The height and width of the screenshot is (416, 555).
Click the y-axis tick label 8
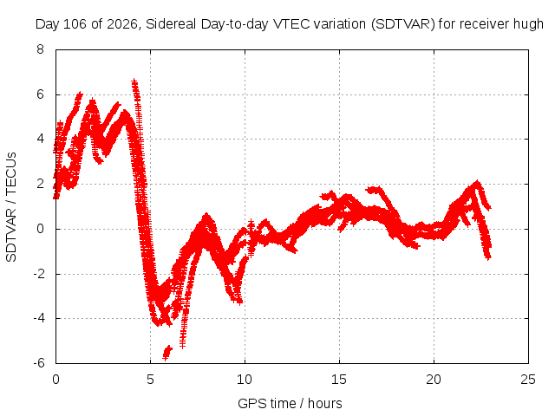[40, 49]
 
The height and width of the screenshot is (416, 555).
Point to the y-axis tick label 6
[40, 94]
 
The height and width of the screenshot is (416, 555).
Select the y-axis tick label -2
[38, 274]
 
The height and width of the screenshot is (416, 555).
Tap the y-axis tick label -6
[38, 363]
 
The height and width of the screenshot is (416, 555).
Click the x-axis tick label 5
[150, 380]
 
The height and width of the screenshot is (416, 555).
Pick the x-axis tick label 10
[245, 380]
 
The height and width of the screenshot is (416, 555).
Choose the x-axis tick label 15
[339, 380]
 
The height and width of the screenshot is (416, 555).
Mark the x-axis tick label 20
[434, 380]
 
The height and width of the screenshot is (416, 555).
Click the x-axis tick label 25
[528, 380]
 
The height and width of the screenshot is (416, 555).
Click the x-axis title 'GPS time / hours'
[290, 404]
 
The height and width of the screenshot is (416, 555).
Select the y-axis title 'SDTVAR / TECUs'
[11, 207]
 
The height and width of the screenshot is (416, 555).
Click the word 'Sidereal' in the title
[171, 24]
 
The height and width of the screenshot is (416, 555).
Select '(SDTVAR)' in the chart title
[402, 25]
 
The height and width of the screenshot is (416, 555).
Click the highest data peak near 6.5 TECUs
[134, 83]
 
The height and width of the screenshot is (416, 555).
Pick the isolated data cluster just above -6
[167, 353]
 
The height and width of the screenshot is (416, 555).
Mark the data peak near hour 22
[478, 183]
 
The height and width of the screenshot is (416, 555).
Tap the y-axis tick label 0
[40, 229]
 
